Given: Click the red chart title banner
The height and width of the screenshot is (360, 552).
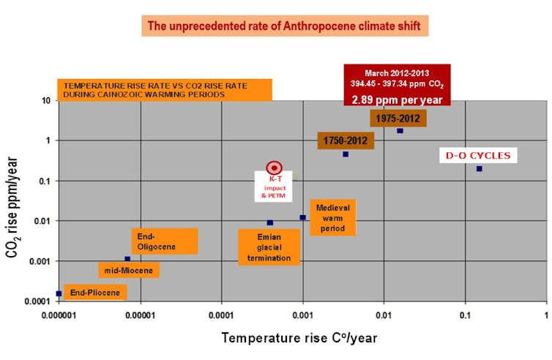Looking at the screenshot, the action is (x=285, y=26).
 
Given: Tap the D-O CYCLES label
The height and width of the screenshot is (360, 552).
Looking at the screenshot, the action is (x=478, y=155).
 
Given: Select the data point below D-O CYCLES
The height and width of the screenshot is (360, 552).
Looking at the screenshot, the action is (x=479, y=169).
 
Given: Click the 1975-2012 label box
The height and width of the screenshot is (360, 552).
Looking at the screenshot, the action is (x=398, y=119).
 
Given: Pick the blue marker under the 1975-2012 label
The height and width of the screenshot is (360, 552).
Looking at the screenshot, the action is (x=400, y=131).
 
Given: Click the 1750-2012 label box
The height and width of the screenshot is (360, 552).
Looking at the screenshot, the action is (x=346, y=140).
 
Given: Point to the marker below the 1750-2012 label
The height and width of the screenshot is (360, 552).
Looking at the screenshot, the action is (x=346, y=154).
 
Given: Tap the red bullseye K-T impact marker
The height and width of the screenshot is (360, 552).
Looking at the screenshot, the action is (x=274, y=168).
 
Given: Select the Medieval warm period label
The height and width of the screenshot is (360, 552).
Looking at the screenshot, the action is (x=332, y=217).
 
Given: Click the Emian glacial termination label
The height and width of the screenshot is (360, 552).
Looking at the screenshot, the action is (x=269, y=247).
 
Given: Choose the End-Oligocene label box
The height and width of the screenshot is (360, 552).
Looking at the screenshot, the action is (x=165, y=241).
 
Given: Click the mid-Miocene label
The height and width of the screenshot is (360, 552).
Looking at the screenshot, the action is (x=129, y=270).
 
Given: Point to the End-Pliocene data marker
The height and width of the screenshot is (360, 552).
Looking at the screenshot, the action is (x=59, y=293).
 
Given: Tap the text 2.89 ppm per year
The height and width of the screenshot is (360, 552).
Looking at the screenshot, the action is (x=397, y=100).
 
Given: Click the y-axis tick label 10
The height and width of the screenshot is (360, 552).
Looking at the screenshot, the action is (x=46, y=101).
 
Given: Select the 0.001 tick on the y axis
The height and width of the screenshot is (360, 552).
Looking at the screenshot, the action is (x=40, y=261).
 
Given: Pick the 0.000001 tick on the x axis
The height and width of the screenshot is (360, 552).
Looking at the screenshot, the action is (x=59, y=315).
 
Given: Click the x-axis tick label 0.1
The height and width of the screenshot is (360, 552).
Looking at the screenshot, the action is (x=465, y=315).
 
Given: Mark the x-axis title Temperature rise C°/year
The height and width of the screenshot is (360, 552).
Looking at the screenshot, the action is (x=299, y=338).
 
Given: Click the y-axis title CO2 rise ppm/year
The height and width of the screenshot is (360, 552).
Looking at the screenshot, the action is (x=12, y=207).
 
